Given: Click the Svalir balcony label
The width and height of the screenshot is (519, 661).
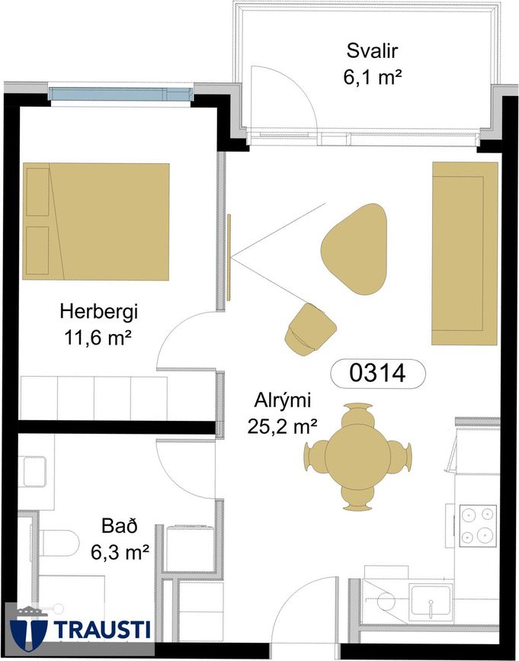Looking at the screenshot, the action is click(x=372, y=51).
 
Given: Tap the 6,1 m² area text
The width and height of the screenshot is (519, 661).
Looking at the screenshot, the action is click(x=372, y=78).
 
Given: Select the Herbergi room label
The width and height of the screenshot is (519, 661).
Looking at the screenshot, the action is click(x=99, y=313).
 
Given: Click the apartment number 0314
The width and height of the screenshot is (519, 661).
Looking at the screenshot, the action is click(x=378, y=374).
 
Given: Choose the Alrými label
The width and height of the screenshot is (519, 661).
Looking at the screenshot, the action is click(x=282, y=401).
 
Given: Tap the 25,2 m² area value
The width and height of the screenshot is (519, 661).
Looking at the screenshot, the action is click(x=282, y=427).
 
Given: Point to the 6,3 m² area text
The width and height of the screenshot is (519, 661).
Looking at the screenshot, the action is click(x=120, y=552).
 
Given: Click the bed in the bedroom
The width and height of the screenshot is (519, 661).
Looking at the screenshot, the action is click(x=96, y=222).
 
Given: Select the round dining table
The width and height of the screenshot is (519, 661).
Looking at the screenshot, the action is click(x=357, y=457).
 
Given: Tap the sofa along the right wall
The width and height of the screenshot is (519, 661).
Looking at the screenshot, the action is click(x=465, y=253).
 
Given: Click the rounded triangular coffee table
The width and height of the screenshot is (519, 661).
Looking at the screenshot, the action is click(x=354, y=249).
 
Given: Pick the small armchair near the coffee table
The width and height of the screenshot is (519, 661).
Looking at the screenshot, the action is click(x=310, y=329).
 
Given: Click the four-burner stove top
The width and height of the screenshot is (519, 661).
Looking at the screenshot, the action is click(x=478, y=526).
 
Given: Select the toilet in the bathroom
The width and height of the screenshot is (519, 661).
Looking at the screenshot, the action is click(x=59, y=543).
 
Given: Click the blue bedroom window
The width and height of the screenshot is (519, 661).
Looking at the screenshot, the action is click(x=120, y=94).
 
